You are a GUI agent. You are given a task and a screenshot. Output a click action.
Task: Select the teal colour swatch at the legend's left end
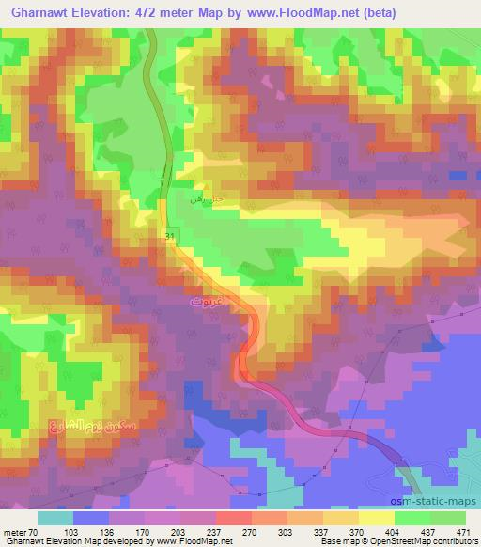55,517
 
